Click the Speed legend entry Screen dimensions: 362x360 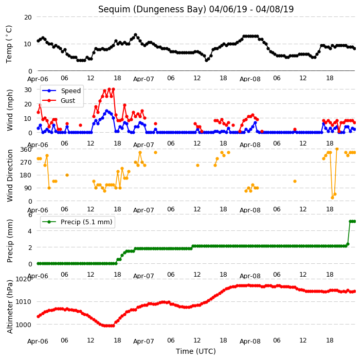click(x=61, y=91)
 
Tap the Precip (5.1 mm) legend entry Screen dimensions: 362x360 click(x=77, y=222)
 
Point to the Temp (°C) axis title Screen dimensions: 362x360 click(x=9, y=44)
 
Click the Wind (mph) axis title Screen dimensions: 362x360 click(x=10, y=110)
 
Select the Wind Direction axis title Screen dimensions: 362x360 click(x=10, y=175)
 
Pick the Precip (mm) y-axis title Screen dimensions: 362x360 click(x=10, y=241)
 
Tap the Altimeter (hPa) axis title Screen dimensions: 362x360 click(x=10, y=307)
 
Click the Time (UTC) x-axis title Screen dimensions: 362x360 click(x=196, y=351)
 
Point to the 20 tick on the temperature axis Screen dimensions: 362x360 click(x=28, y=17)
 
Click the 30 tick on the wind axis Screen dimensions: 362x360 click(x=28, y=89)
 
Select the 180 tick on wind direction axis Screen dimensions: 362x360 click(x=26, y=175)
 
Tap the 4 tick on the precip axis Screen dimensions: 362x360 click(x=30, y=231)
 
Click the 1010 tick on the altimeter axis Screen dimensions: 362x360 click(x=23, y=301)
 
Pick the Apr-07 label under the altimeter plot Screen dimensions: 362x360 click(x=143, y=341)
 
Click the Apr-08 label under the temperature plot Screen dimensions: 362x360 click(x=250, y=79)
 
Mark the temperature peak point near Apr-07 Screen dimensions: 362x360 click(x=136, y=35)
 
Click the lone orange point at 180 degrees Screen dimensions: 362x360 click(x=67, y=175)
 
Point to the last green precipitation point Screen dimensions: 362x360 click(x=355, y=222)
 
